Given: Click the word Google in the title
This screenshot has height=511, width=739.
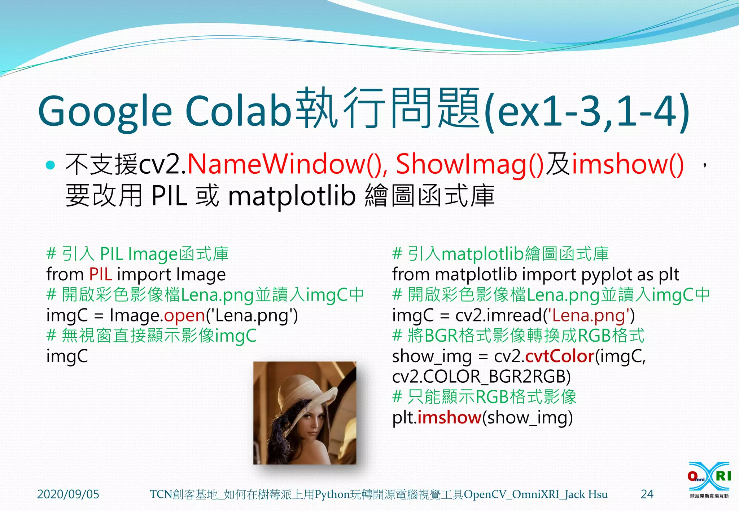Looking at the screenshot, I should click(x=105, y=112).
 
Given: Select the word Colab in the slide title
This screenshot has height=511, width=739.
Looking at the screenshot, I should click(x=238, y=110).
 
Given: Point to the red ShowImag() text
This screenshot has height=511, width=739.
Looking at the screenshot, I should click(x=469, y=164).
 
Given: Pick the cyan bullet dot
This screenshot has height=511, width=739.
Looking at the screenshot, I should click(x=51, y=165).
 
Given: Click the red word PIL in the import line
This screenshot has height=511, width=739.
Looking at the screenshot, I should click(x=100, y=275).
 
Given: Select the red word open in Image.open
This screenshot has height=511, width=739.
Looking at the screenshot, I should click(x=184, y=316).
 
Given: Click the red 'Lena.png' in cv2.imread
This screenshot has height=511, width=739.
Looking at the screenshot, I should click(x=589, y=316).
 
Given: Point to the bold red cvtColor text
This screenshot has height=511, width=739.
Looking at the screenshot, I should click(x=560, y=356).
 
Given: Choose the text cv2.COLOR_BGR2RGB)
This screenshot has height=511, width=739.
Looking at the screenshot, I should click(x=481, y=377).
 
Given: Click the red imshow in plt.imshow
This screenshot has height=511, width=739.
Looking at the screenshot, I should click(x=449, y=418).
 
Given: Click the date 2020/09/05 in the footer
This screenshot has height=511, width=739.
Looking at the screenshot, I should click(x=68, y=494).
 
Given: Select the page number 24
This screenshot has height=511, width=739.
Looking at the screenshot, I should click(x=647, y=494).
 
